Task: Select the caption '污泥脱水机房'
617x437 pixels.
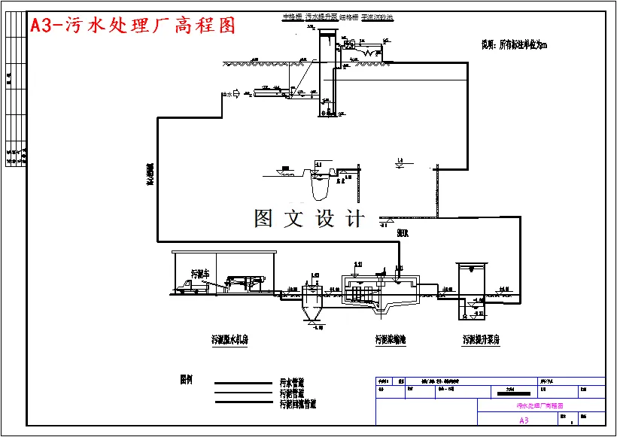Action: (229, 339)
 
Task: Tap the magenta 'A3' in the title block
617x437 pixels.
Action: (524, 420)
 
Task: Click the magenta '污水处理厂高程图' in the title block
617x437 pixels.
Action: (540, 406)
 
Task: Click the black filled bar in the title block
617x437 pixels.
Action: (512, 393)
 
